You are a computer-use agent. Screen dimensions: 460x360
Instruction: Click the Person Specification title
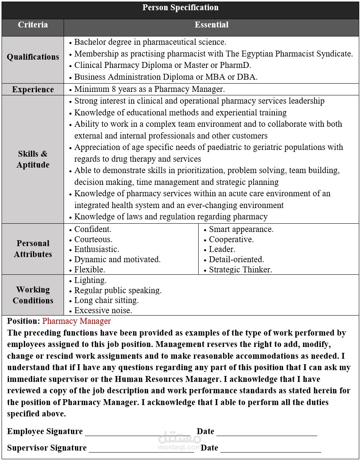[x=180, y=8]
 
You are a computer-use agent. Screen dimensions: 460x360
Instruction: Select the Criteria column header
[x=33, y=25]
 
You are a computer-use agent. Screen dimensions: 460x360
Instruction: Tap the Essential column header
[x=211, y=25]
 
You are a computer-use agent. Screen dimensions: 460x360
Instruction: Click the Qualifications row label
[x=33, y=57]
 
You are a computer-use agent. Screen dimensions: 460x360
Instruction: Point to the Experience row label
[x=33, y=89]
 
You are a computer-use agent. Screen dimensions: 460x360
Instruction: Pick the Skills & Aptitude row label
[x=33, y=159]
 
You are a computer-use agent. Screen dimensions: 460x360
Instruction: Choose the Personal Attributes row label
[x=33, y=248]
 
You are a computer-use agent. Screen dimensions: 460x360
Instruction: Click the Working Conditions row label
[x=33, y=295]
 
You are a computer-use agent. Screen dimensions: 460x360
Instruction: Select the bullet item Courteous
[x=93, y=239]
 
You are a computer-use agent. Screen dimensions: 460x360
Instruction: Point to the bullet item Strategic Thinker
[x=240, y=270]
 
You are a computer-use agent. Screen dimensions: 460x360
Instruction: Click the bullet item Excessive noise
[x=103, y=310]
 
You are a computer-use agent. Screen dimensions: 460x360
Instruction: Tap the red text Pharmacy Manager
[x=77, y=321]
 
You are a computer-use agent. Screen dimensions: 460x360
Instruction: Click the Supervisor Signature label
[x=47, y=448]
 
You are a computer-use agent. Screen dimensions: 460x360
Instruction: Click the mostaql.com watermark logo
[x=179, y=440]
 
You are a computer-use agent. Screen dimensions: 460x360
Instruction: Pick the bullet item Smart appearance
[x=241, y=229]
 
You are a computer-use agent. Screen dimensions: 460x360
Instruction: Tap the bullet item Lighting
[x=90, y=280]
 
